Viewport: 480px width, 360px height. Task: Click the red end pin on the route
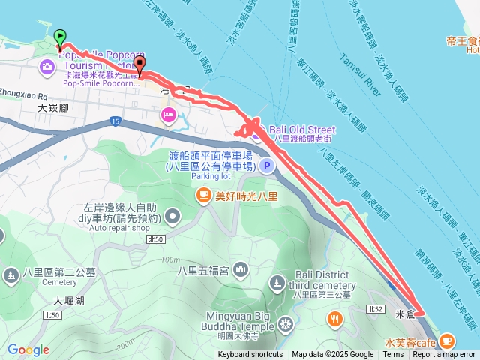[x=140, y=67]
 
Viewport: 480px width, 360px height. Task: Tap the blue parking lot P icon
[x=265, y=166]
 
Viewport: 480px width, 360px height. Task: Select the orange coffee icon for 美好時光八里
[x=202, y=196]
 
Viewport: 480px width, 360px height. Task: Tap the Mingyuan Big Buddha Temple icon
[x=285, y=324]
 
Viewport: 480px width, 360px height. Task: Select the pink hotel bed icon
[x=166, y=115]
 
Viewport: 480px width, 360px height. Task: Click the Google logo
[x=28, y=349]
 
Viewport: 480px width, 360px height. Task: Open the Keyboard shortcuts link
[x=250, y=355]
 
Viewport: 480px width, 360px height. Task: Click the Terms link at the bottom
[x=393, y=355]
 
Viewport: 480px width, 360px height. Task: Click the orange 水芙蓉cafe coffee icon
[x=447, y=340]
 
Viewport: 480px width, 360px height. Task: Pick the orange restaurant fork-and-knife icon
[x=334, y=319]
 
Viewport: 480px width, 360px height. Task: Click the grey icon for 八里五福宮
[x=241, y=268]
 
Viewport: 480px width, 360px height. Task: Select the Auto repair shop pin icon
[x=173, y=217]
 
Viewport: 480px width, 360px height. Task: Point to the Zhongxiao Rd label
[x=25, y=97]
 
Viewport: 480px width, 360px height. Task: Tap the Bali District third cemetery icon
[x=277, y=283]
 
